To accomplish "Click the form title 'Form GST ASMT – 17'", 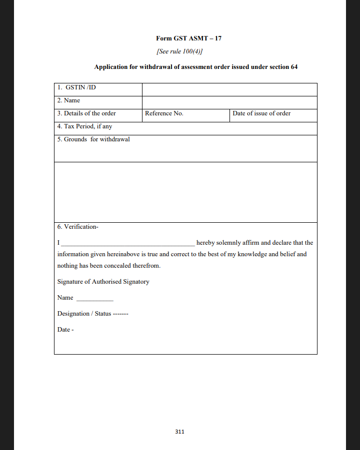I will coord(188,38).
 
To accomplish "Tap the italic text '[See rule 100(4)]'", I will coord(179,51).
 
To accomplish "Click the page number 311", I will coord(180,432).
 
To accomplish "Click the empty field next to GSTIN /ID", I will coord(229,89).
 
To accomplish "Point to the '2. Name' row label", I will coord(68,100).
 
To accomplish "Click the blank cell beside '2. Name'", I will coord(229,102).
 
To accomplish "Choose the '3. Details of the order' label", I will coord(86,113).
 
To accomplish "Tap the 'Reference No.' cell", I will coord(164,113).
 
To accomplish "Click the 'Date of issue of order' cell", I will coord(261,113).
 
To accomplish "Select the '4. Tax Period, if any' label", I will coord(84,126).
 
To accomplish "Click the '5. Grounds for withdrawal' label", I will coord(93,139).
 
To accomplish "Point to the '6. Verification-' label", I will coord(78,227).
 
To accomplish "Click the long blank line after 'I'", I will coord(128,244).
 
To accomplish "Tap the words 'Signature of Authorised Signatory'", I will coord(103,282).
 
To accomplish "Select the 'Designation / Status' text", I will coord(84,314).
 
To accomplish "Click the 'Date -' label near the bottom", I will coord(65,330).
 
